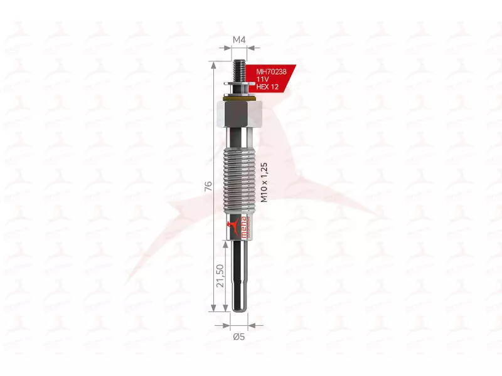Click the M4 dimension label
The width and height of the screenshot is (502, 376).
pyautogui.click(x=238, y=40)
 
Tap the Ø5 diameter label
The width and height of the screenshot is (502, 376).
pyautogui.click(x=238, y=337)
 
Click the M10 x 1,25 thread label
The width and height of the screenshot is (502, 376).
pyautogui.click(x=264, y=182)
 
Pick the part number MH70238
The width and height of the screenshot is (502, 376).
pyautogui.click(x=271, y=73)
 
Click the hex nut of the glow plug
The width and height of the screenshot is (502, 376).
pyautogui.click(x=238, y=113)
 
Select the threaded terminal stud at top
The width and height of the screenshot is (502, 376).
pyautogui.click(x=238, y=68)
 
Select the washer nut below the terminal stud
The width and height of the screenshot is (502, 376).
pyautogui.click(x=238, y=86)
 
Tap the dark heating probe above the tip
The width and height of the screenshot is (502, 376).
pyautogui.click(x=238, y=269)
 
